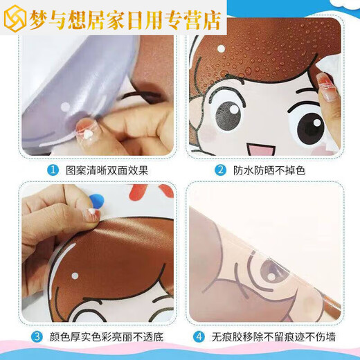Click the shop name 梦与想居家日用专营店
[125, 19]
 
